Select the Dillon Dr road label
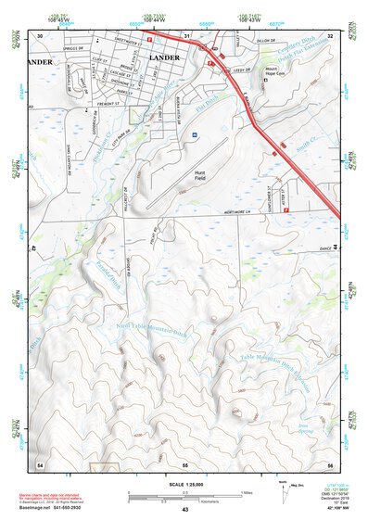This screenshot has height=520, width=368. (268, 40)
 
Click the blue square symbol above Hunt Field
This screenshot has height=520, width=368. (194, 135)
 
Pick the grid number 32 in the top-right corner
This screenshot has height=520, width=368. (329, 35)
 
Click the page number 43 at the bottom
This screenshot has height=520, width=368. (184, 510)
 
